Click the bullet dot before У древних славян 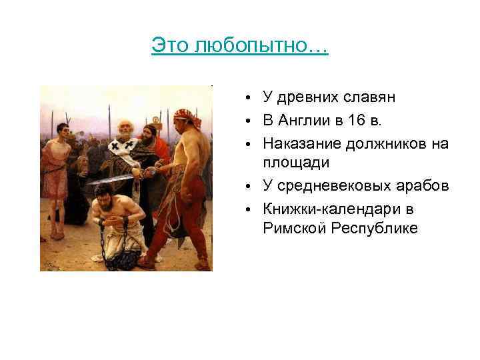(x=247, y=99)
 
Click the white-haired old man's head (x=123, y=127)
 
